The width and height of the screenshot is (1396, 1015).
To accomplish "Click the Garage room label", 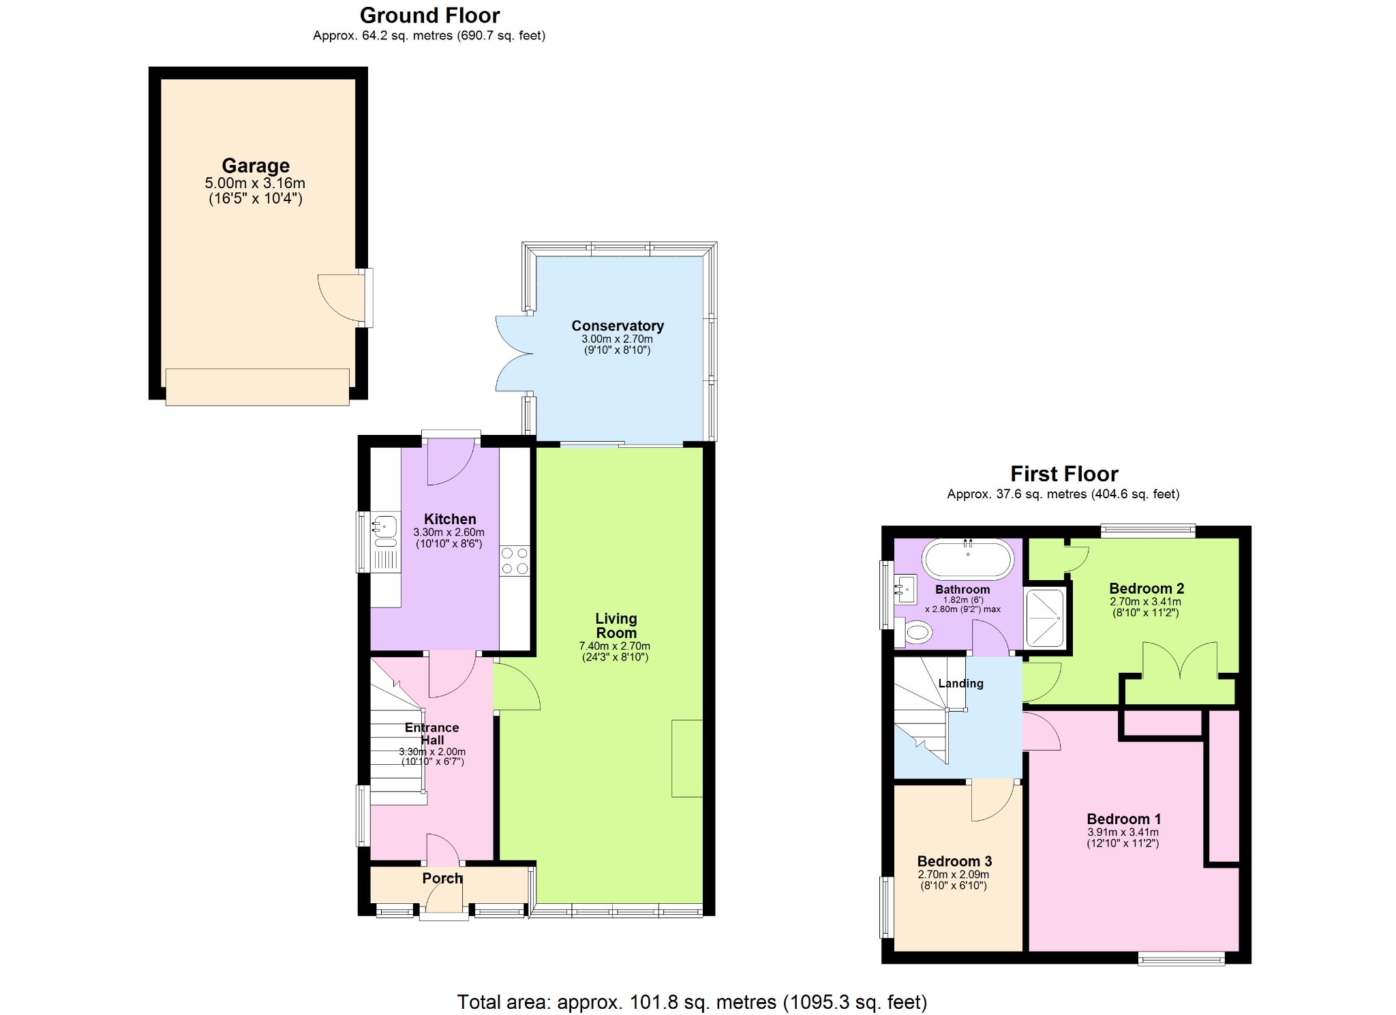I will pos(256,166).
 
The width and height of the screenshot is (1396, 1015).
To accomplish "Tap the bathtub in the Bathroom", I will pos(967,560).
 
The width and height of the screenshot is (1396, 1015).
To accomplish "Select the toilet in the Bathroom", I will pos(912,633).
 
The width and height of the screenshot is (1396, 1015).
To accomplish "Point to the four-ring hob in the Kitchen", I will pos(515,560).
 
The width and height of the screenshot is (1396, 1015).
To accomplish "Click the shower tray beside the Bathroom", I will pos(1044,618).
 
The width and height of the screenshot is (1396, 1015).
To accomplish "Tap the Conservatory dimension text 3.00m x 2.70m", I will pos(617,339).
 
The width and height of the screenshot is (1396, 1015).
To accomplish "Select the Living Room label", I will pos(616,626).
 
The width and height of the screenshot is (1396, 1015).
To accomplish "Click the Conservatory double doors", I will pos(513,354).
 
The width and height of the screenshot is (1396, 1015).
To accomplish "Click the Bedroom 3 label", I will pos(954,861).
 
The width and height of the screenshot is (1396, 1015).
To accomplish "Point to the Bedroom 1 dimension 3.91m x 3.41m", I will pos(1123,832).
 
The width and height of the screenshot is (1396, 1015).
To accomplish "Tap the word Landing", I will pos(960,683).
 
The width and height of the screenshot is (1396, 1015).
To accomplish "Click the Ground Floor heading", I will pos(429,15).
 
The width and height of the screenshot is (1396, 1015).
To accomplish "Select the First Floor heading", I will pos(1063,474).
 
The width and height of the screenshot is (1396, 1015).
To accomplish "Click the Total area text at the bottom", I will pos(691,1002).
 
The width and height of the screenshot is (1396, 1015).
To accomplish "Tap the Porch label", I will pos(442,878).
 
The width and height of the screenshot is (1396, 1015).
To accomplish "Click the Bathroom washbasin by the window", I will pos(905,588).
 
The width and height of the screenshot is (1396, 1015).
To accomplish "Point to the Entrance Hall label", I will pos(431,733).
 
